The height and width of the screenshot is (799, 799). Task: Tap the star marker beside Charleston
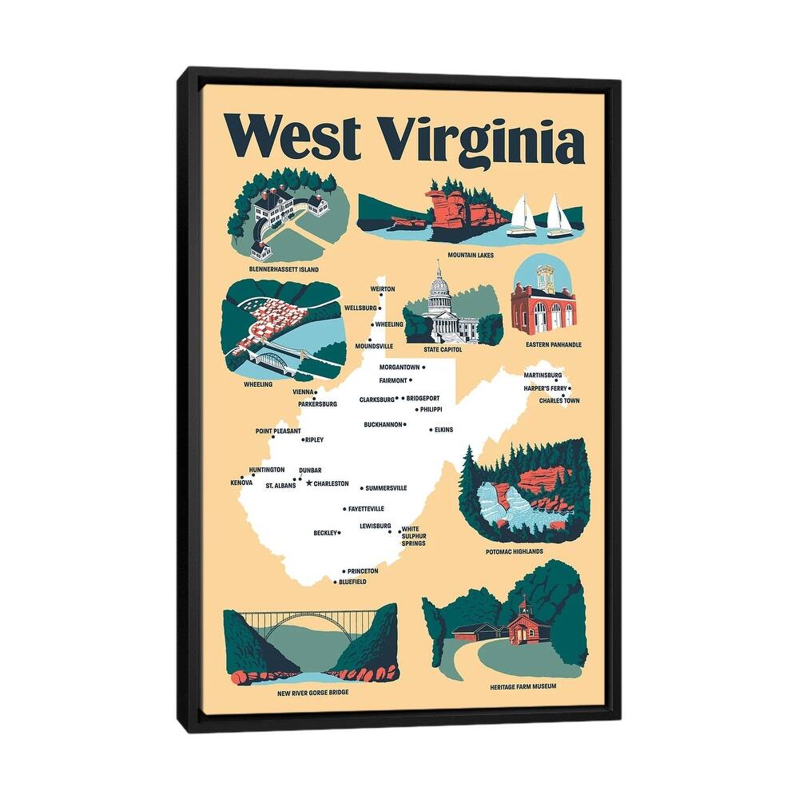pyautogui.click(x=309, y=483)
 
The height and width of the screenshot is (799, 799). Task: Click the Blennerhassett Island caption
pyautogui.click(x=284, y=270)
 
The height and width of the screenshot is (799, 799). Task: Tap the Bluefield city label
pyautogui.click(x=352, y=582)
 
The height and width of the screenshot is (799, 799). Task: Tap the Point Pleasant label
pyautogui.click(x=278, y=431)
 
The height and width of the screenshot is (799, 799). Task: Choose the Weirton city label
pyautogui.click(x=383, y=289)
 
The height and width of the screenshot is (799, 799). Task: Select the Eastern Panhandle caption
pyautogui.click(x=553, y=344)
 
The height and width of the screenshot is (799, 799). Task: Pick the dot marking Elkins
pyautogui.click(x=431, y=430)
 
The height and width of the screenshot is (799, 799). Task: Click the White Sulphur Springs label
pyautogui.click(x=413, y=535)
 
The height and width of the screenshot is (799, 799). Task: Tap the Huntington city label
pyautogui.click(x=267, y=470)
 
